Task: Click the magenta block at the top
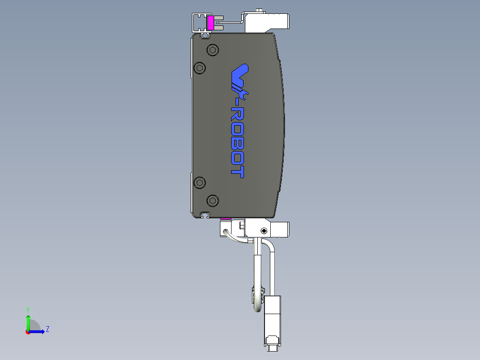211,23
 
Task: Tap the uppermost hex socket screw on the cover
213,50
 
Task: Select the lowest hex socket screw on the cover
213,200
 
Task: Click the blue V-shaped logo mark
240,71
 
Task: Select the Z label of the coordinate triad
47,329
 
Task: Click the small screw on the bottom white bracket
264,231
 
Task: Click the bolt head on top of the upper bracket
259,10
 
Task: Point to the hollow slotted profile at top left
199,22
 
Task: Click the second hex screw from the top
200,68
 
